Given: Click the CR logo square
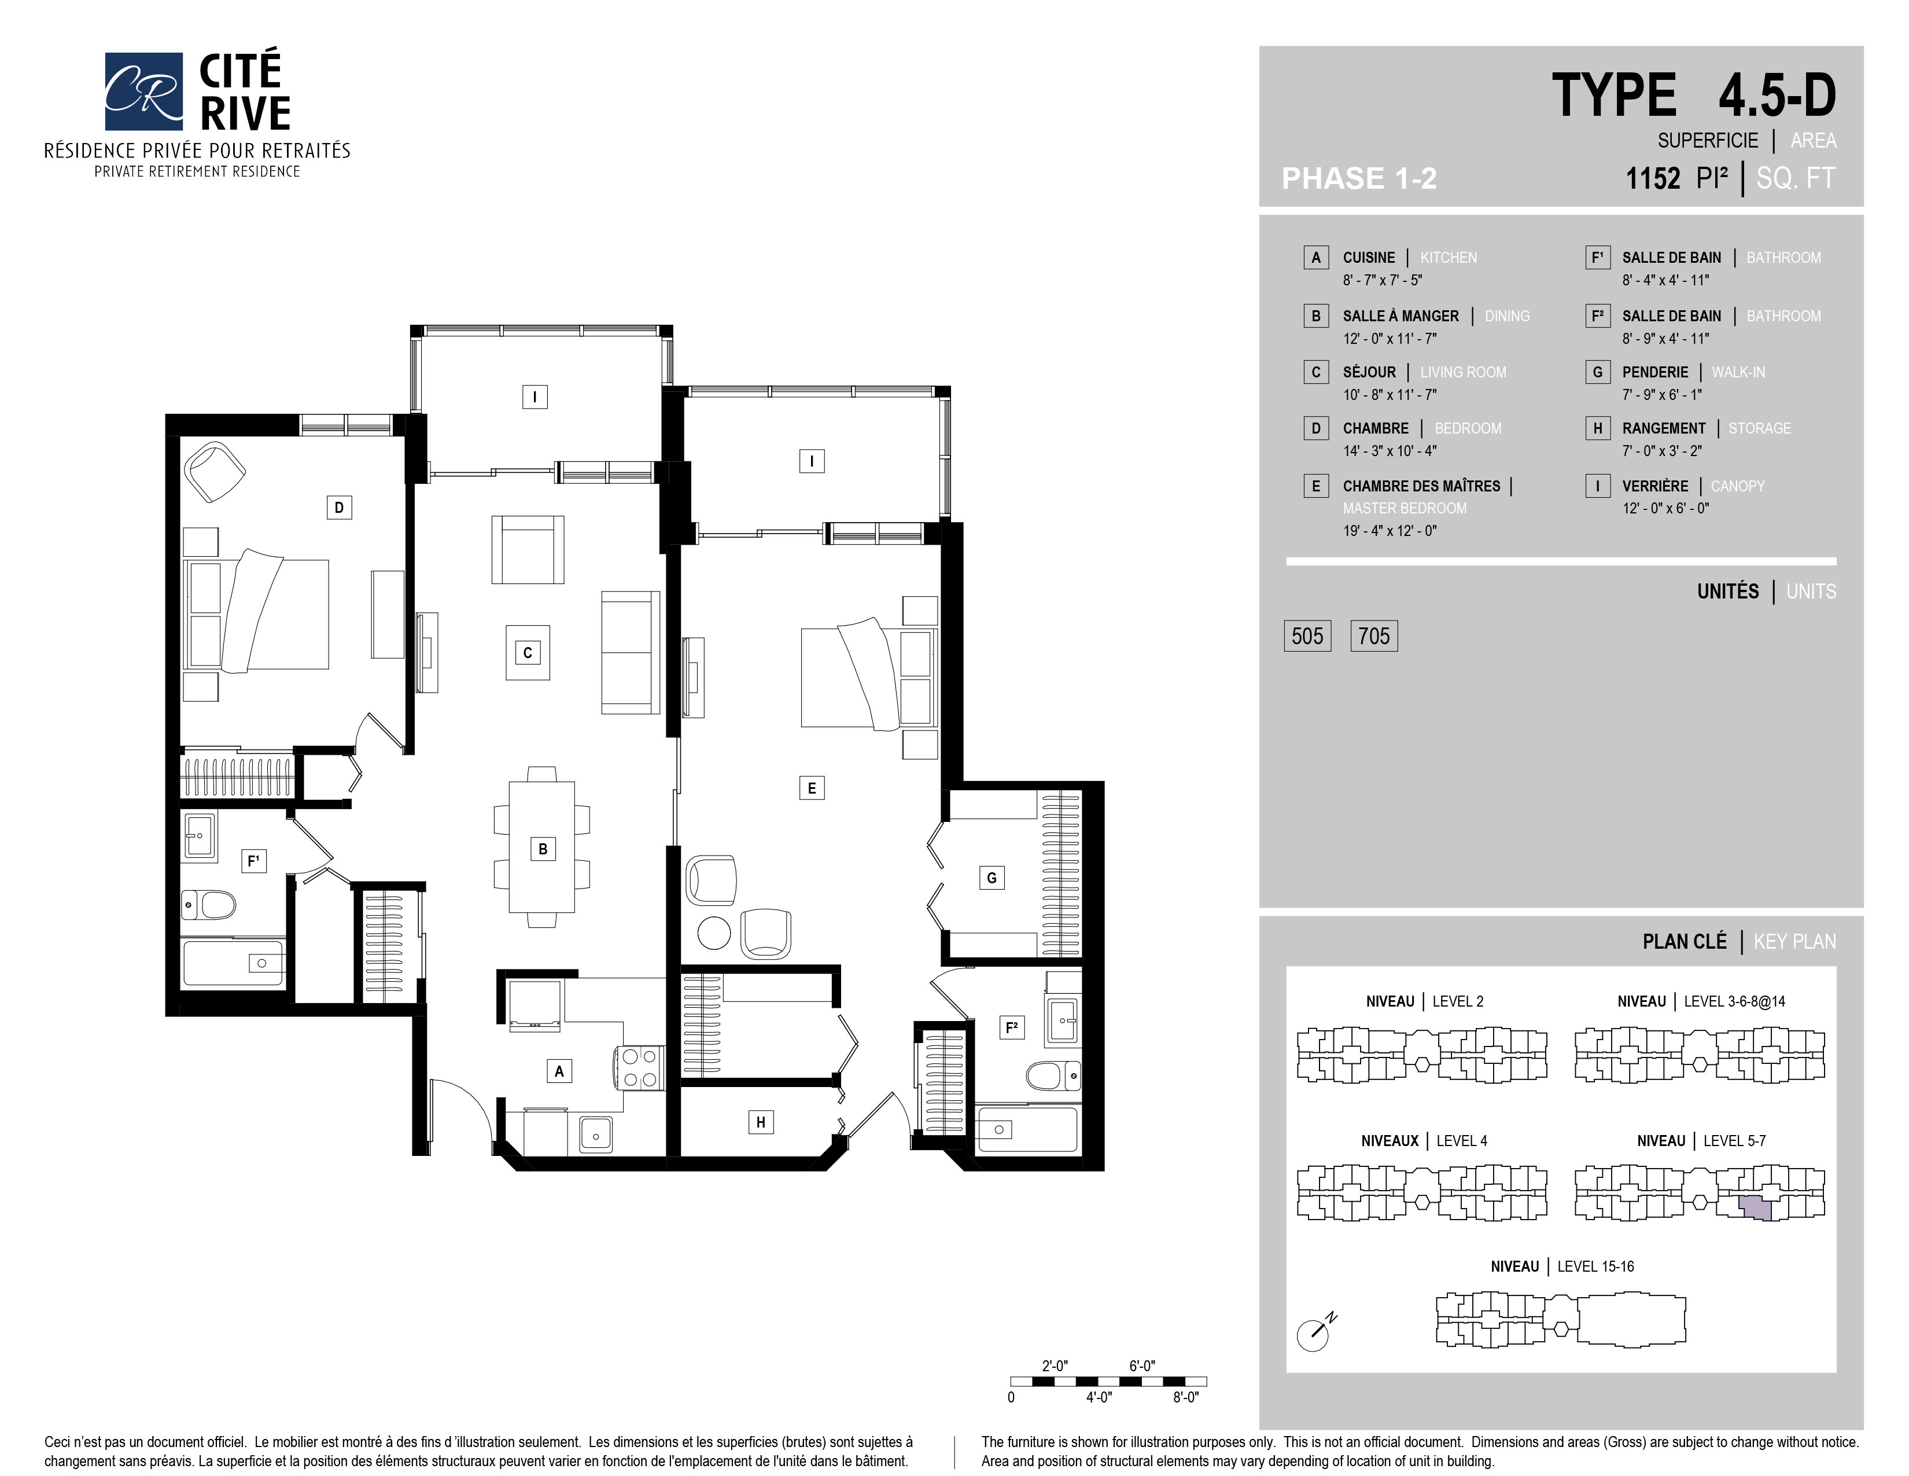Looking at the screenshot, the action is tap(143, 91).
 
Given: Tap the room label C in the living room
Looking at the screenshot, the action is tap(527, 652).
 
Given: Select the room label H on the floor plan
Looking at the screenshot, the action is tap(761, 1122).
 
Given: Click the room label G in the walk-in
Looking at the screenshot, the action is tap(991, 878).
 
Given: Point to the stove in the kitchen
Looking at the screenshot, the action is tap(640, 1068).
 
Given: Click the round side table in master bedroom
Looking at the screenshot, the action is tap(714, 933).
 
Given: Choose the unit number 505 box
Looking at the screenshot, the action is tap(1307, 636).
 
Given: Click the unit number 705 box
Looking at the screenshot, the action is tap(1374, 636).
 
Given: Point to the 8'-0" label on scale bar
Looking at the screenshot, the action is tap(1185, 1397).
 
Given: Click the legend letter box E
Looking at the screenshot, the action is tap(1315, 486).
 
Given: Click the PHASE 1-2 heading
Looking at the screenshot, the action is tap(1359, 178).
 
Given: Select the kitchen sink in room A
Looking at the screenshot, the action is tap(596, 1135).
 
